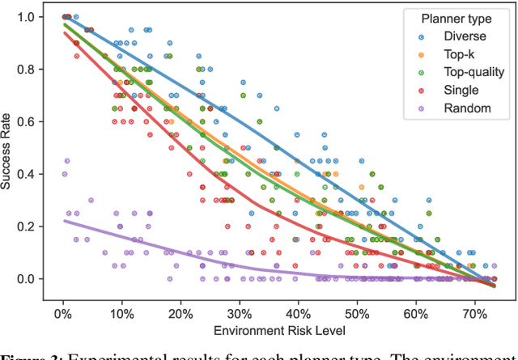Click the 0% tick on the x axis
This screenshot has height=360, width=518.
coord(63,313)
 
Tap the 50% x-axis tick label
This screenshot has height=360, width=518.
coord(356,313)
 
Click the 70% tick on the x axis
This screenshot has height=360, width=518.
coord(473,313)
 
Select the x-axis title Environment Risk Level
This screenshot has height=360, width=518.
coord(279,330)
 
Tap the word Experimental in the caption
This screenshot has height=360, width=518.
coord(105,354)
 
